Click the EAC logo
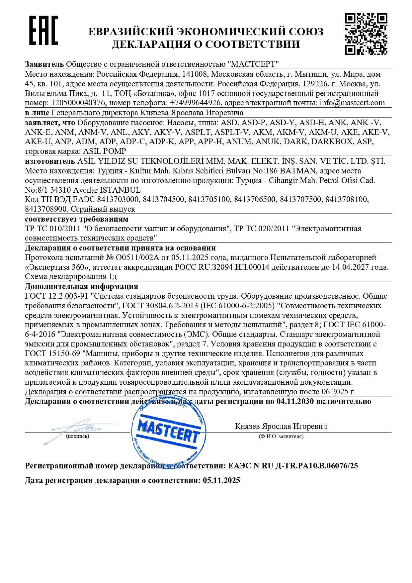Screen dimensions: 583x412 pos(43,30)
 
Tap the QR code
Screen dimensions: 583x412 pos(366,34)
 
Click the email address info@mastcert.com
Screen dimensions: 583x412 pos(352,103)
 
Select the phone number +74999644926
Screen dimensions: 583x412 pos(195,103)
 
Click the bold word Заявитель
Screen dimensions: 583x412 pos(44,64)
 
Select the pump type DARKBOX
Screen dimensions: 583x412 pos(332,142)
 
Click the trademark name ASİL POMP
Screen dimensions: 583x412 pos(104,151)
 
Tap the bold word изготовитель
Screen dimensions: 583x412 pos(50,161)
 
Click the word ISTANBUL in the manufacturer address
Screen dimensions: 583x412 pos(120,190)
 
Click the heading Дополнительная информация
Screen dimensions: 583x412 pos(81,286)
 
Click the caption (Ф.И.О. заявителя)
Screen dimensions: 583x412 pos(281,437)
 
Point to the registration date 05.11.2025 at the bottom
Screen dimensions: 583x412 pos(221,480)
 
